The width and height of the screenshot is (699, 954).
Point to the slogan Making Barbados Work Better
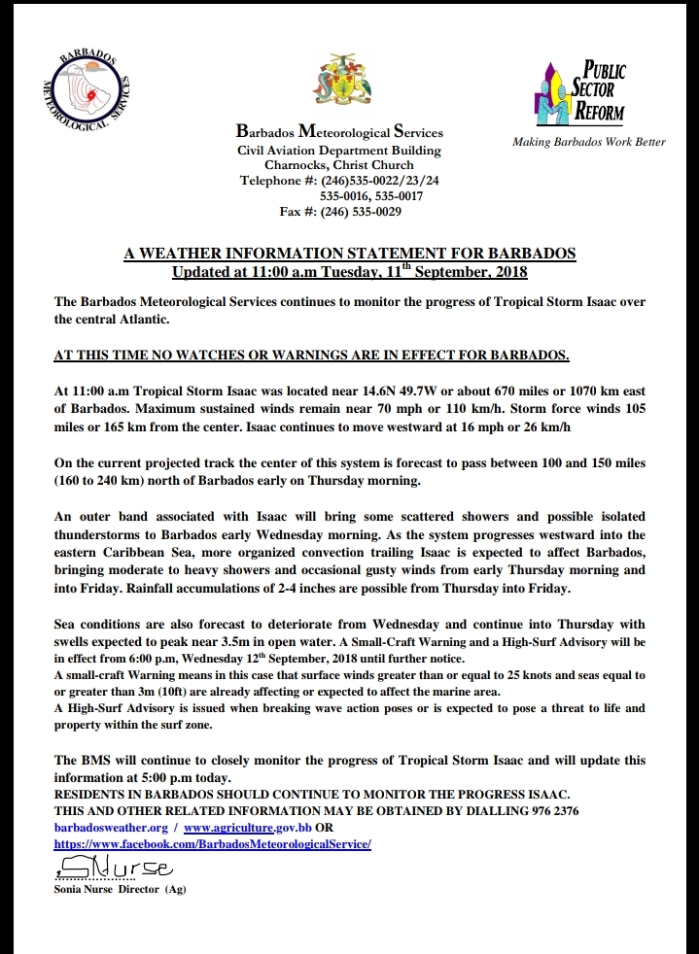pos(589,142)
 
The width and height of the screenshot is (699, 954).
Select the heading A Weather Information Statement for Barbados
pos(350,254)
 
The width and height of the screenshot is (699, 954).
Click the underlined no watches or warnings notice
pos(311,353)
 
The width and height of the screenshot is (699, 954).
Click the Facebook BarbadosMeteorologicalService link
pos(213,845)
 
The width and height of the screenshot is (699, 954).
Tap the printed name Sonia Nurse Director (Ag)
pos(120,889)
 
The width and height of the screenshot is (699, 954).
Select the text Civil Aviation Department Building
pos(339,151)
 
